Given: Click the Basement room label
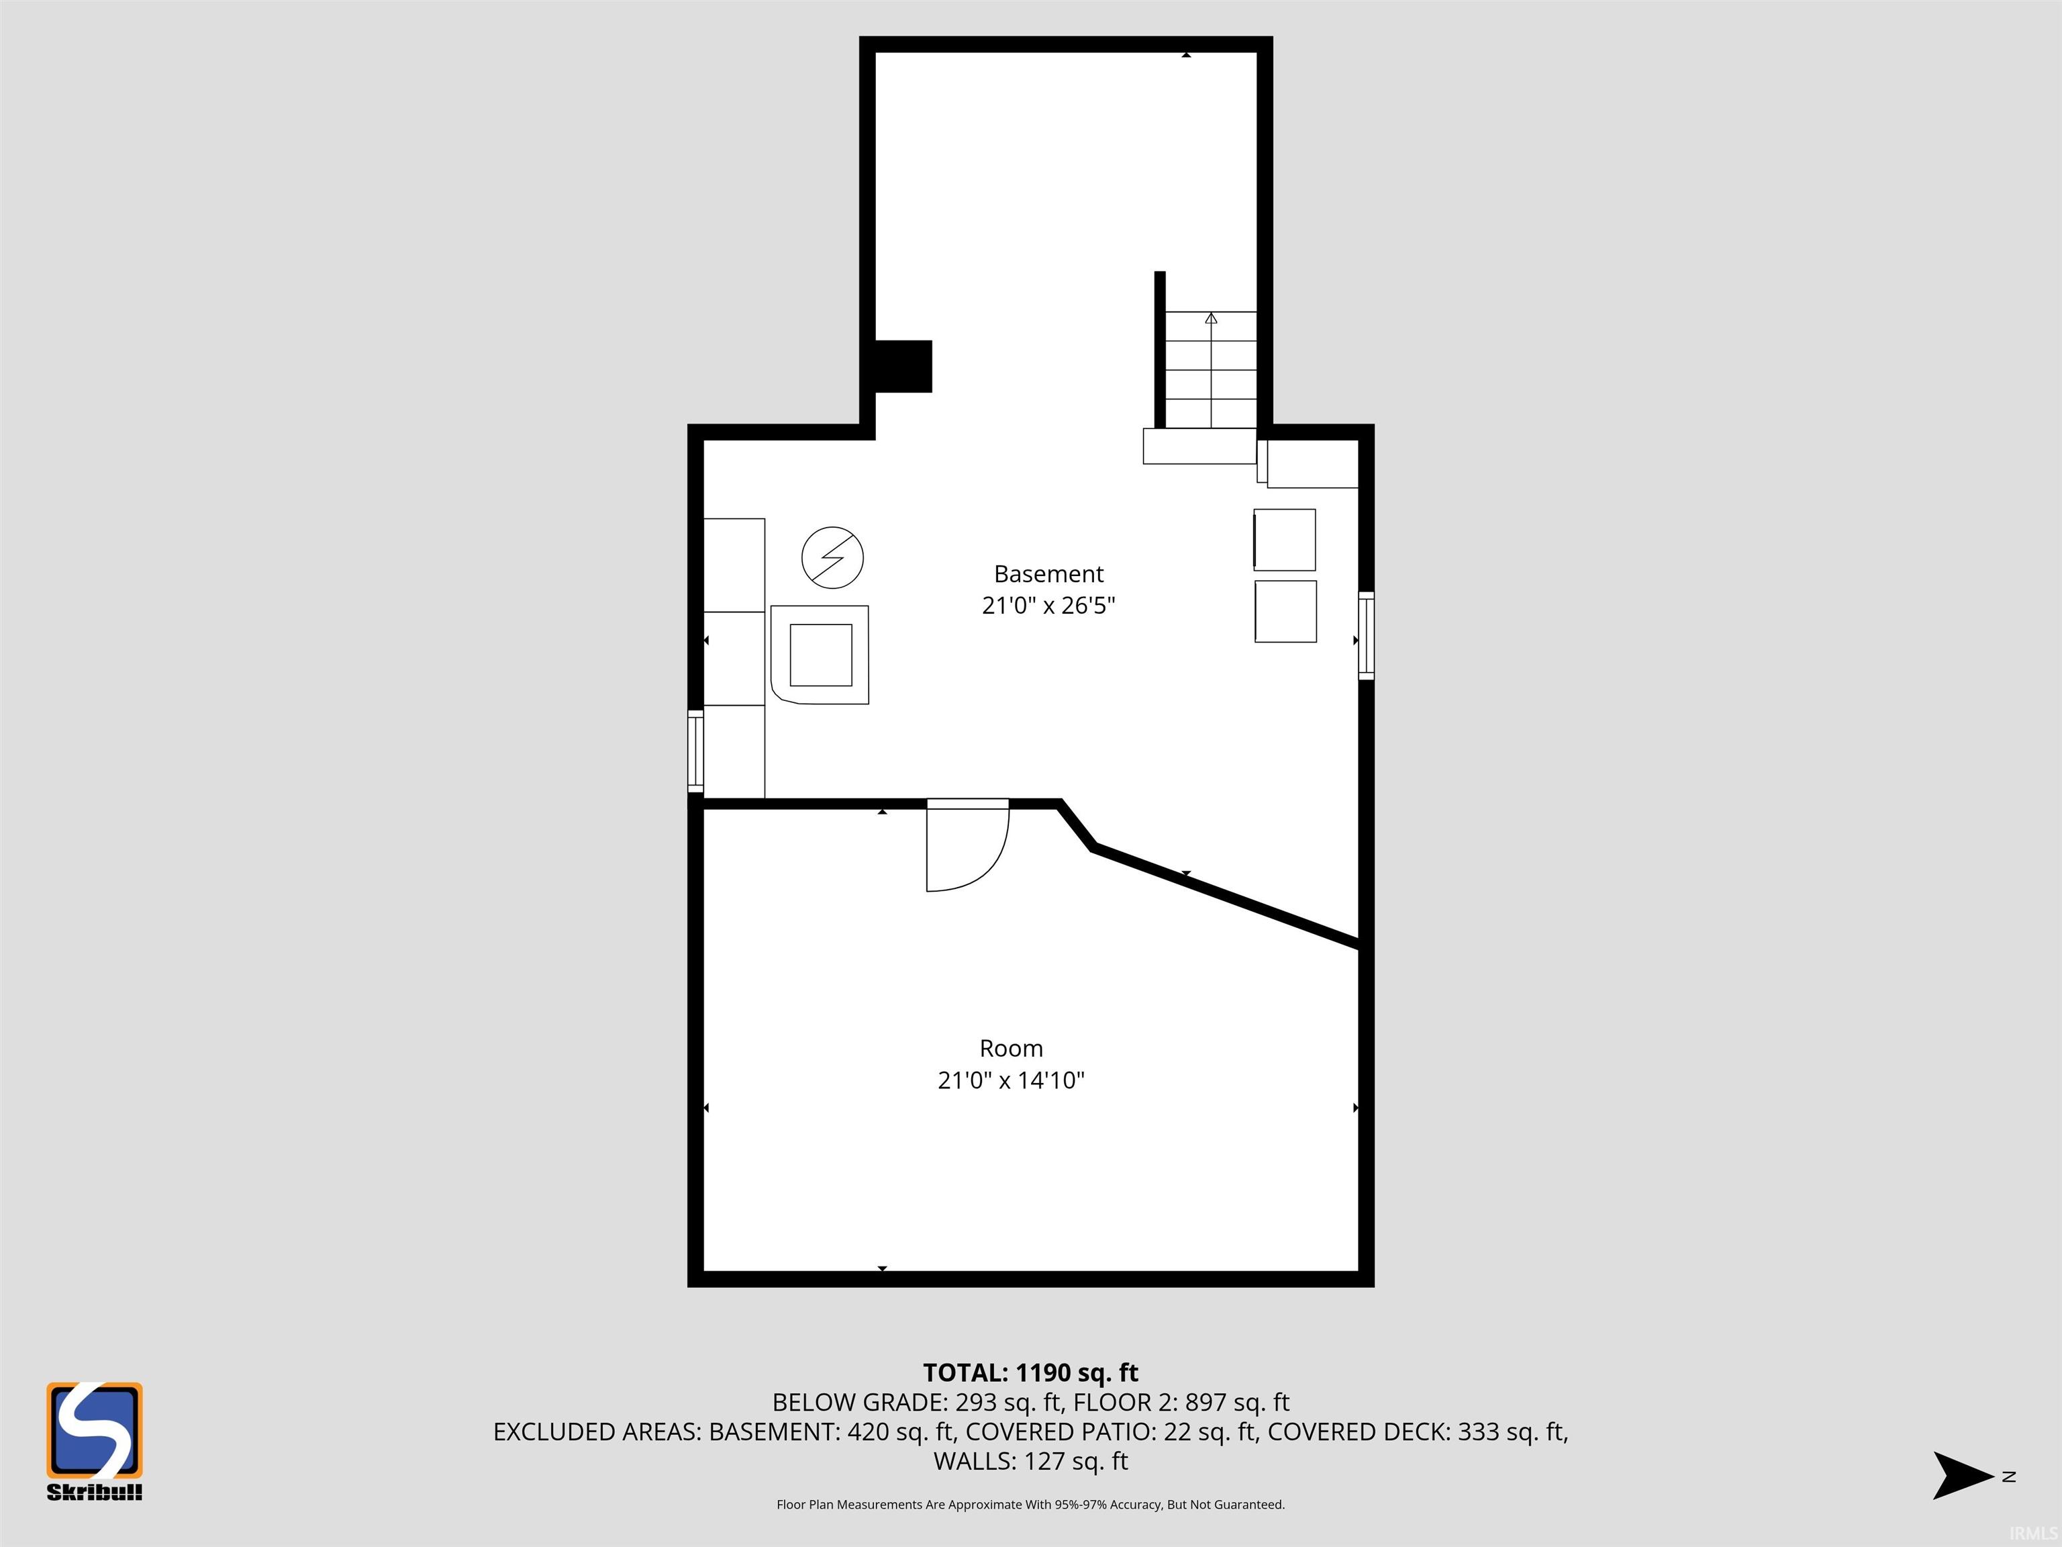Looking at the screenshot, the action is [1048, 573].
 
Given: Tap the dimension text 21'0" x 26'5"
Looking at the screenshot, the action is [1048, 605].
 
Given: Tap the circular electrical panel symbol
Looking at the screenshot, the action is [832, 557].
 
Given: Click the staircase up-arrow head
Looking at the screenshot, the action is [1211, 318].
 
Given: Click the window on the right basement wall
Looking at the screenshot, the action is [1366, 635].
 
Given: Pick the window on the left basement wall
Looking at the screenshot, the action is [695, 751].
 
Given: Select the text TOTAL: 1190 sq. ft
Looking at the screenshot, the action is [1030, 1372].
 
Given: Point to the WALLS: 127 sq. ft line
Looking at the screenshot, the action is [1030, 1461].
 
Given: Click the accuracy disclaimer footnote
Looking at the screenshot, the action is [1030, 1504].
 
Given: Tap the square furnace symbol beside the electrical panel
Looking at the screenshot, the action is [820, 655].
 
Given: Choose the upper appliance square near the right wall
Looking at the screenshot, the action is [1285, 539].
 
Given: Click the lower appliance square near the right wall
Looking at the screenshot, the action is [1285, 611].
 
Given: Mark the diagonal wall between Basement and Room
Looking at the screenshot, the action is [1225, 898].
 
